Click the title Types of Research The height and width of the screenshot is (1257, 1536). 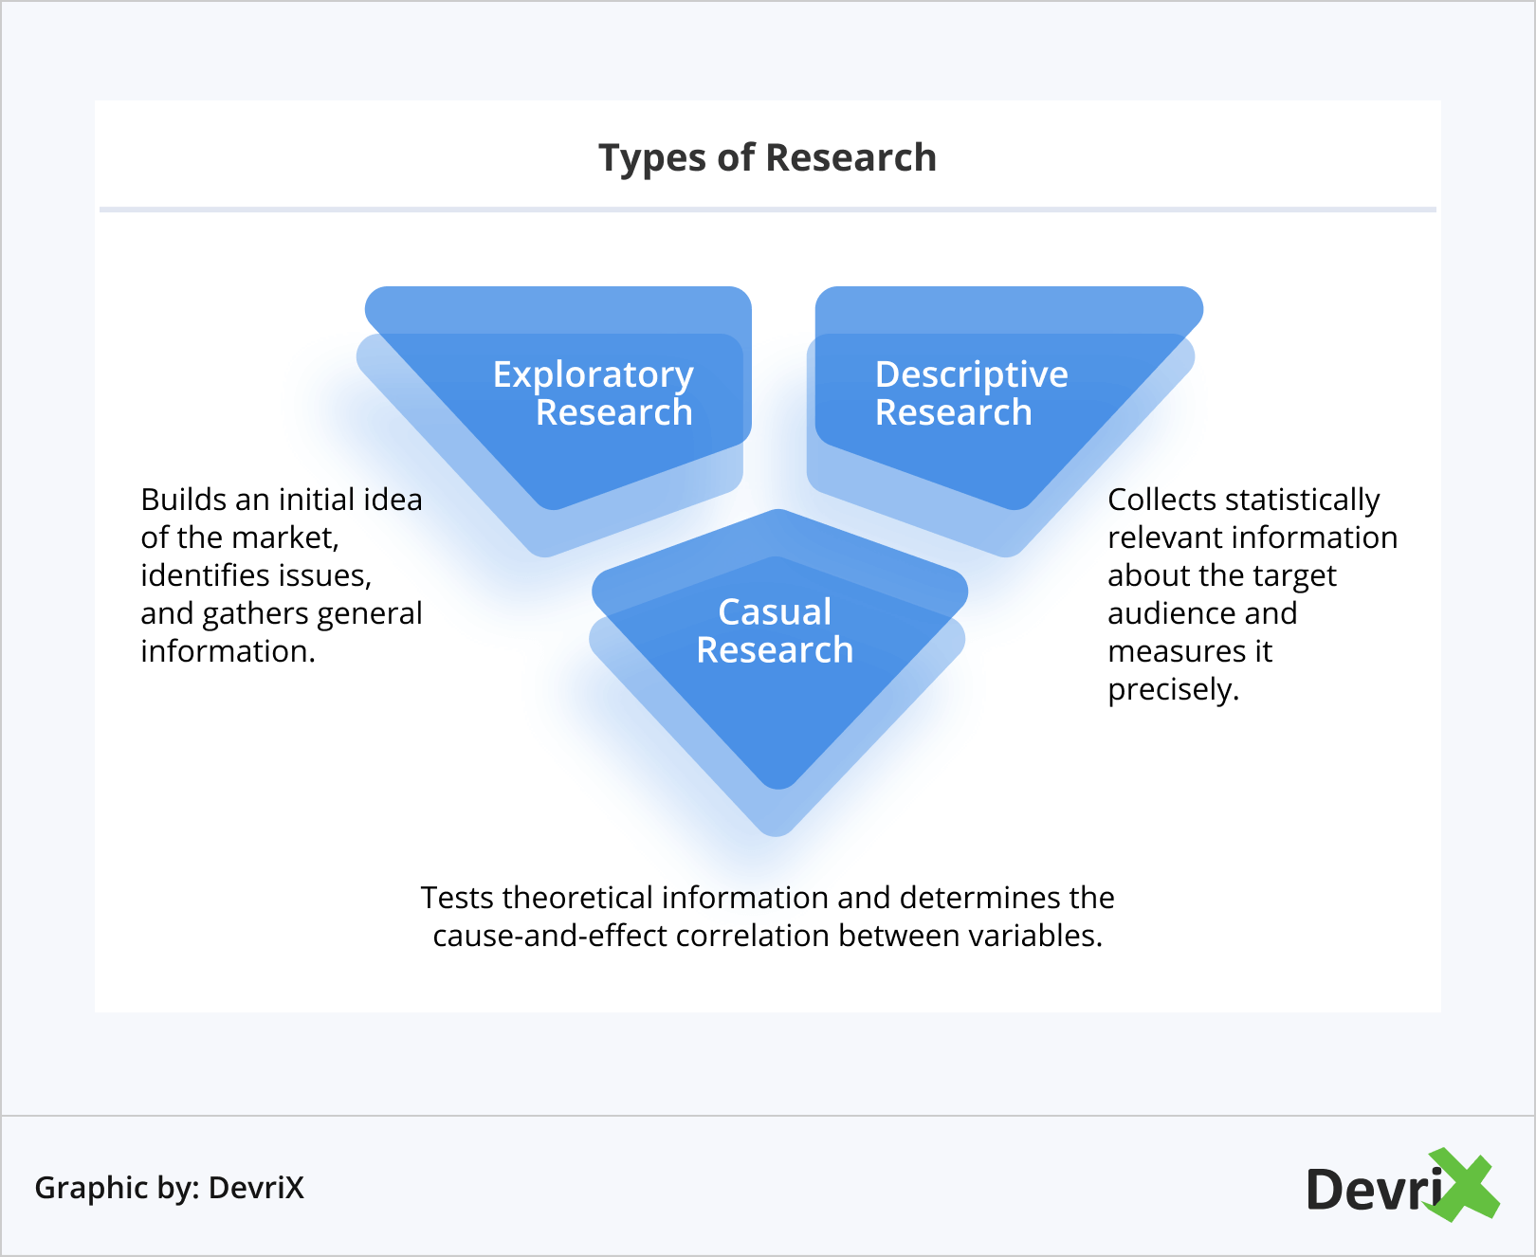(768, 158)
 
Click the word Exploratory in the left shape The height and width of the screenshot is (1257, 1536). (594, 375)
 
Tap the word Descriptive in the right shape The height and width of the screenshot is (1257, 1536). (972, 375)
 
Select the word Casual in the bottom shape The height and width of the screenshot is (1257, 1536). (775, 612)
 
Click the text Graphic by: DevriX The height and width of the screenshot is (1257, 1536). (170, 1188)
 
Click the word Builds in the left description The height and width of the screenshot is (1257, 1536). (184, 500)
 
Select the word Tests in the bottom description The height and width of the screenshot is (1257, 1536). (457, 898)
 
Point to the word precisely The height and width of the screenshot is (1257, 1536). (1174, 690)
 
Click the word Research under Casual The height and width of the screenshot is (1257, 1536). (775, 650)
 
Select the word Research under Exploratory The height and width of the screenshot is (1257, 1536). (614, 413)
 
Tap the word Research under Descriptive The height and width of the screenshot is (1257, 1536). (954, 413)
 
